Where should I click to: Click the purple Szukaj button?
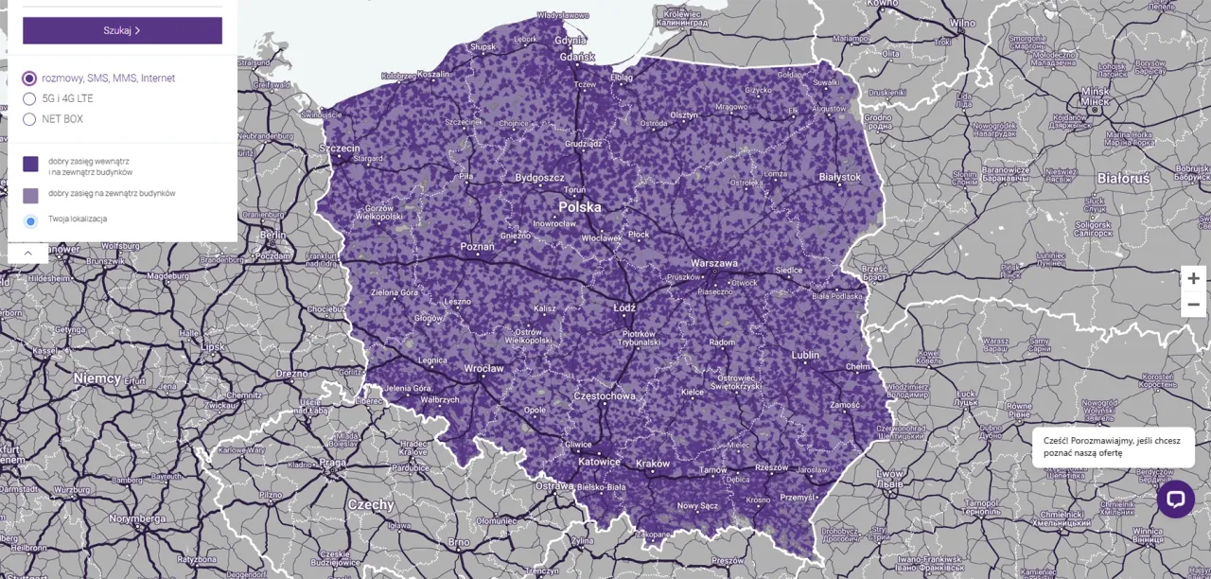(x=122, y=30)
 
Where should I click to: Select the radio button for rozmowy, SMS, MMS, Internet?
(x=29, y=79)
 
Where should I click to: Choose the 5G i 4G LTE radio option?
(x=29, y=98)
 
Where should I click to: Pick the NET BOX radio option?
(x=29, y=119)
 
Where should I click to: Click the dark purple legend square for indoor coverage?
(x=30, y=165)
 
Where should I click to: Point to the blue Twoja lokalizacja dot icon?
(x=30, y=220)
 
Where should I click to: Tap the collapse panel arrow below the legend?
(x=28, y=253)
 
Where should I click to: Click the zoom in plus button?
(x=1193, y=278)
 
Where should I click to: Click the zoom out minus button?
(x=1193, y=305)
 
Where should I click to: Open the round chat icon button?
(x=1175, y=499)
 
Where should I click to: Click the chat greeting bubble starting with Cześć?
(x=1112, y=447)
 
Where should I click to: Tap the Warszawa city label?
(x=714, y=263)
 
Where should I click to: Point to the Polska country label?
(x=579, y=207)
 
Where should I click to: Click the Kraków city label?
(x=653, y=464)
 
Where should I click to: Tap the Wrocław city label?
(x=483, y=368)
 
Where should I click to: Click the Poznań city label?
(x=477, y=246)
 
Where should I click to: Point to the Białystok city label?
(x=840, y=177)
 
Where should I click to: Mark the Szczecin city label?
(x=340, y=149)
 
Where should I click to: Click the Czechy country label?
(x=370, y=504)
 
